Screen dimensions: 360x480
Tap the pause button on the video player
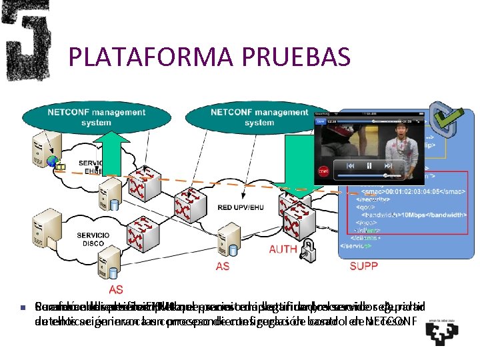pyautogui.click(x=368, y=165)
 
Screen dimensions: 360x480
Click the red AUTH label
pyautogui.click(x=283, y=250)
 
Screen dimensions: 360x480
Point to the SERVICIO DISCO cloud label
pyautogui.click(x=93, y=238)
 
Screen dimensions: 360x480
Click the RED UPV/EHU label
pyautogui.click(x=241, y=208)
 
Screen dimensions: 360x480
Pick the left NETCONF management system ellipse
pyautogui.click(x=96, y=117)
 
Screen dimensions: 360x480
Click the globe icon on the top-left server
pyautogui.click(x=52, y=161)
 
